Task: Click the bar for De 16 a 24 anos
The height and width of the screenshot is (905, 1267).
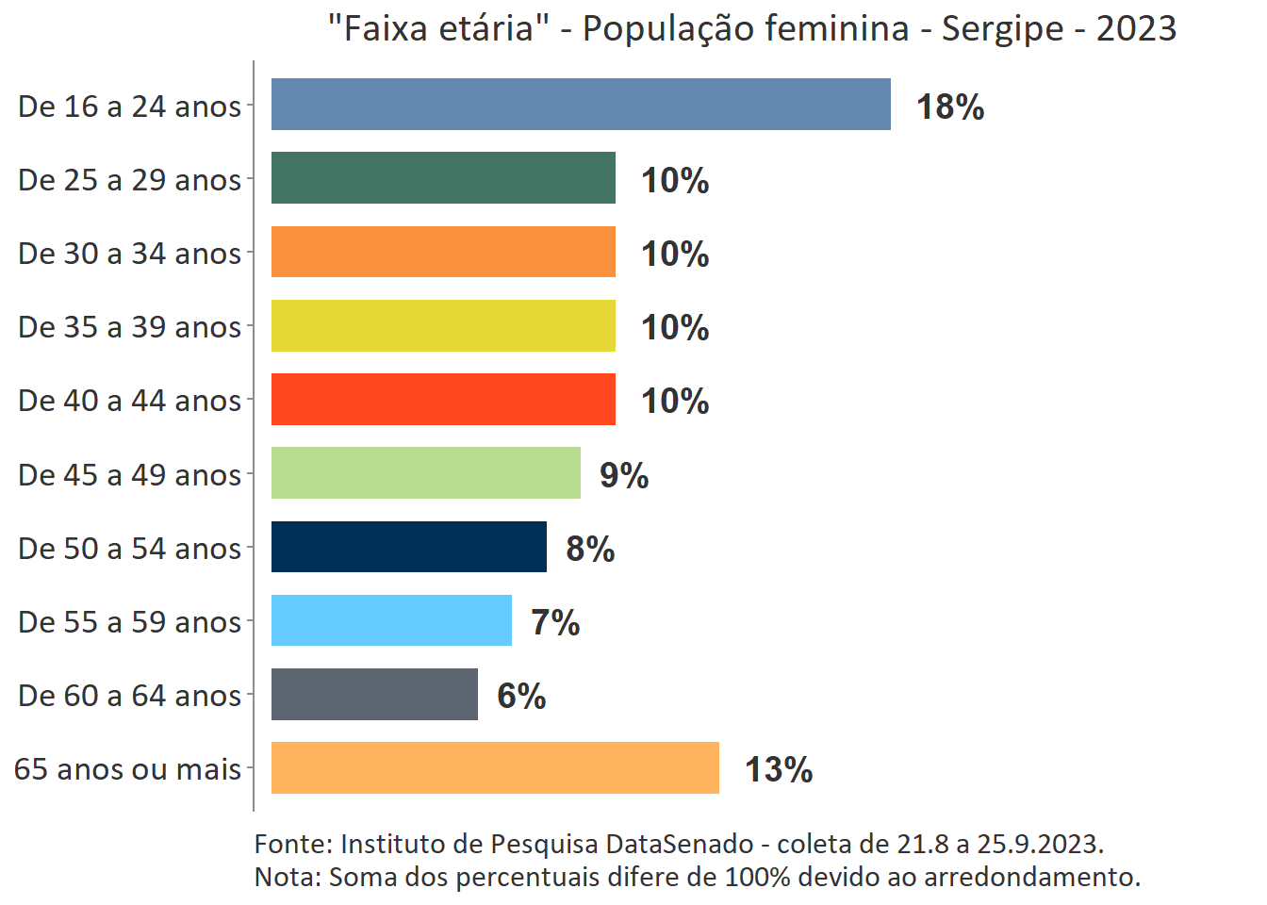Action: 581,105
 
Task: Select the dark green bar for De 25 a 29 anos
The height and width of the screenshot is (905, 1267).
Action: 443,178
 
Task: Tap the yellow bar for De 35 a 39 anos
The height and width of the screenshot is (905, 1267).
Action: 443,325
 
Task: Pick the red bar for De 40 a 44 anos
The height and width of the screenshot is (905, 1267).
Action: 443,399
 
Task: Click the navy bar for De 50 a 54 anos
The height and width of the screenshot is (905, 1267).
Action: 409,547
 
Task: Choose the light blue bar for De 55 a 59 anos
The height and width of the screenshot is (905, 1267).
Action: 391,620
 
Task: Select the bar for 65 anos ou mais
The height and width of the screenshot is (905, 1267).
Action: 495,767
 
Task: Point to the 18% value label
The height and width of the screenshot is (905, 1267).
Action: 950,107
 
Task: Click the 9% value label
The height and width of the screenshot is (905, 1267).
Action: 624,475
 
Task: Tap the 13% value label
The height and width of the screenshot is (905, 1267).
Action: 779,769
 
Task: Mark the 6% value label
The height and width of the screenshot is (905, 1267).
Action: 521,696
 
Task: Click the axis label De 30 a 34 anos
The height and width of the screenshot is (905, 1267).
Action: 130,254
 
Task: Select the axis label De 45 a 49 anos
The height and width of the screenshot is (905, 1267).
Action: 130,475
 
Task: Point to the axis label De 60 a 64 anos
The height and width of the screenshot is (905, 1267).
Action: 130,696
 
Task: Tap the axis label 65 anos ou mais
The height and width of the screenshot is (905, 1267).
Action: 128,769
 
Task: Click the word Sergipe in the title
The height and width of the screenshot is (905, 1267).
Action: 1003,29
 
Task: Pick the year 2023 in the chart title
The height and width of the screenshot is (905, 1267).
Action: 1136,29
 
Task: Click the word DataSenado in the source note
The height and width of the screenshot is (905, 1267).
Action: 679,844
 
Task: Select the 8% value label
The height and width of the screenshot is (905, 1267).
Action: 590,549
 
